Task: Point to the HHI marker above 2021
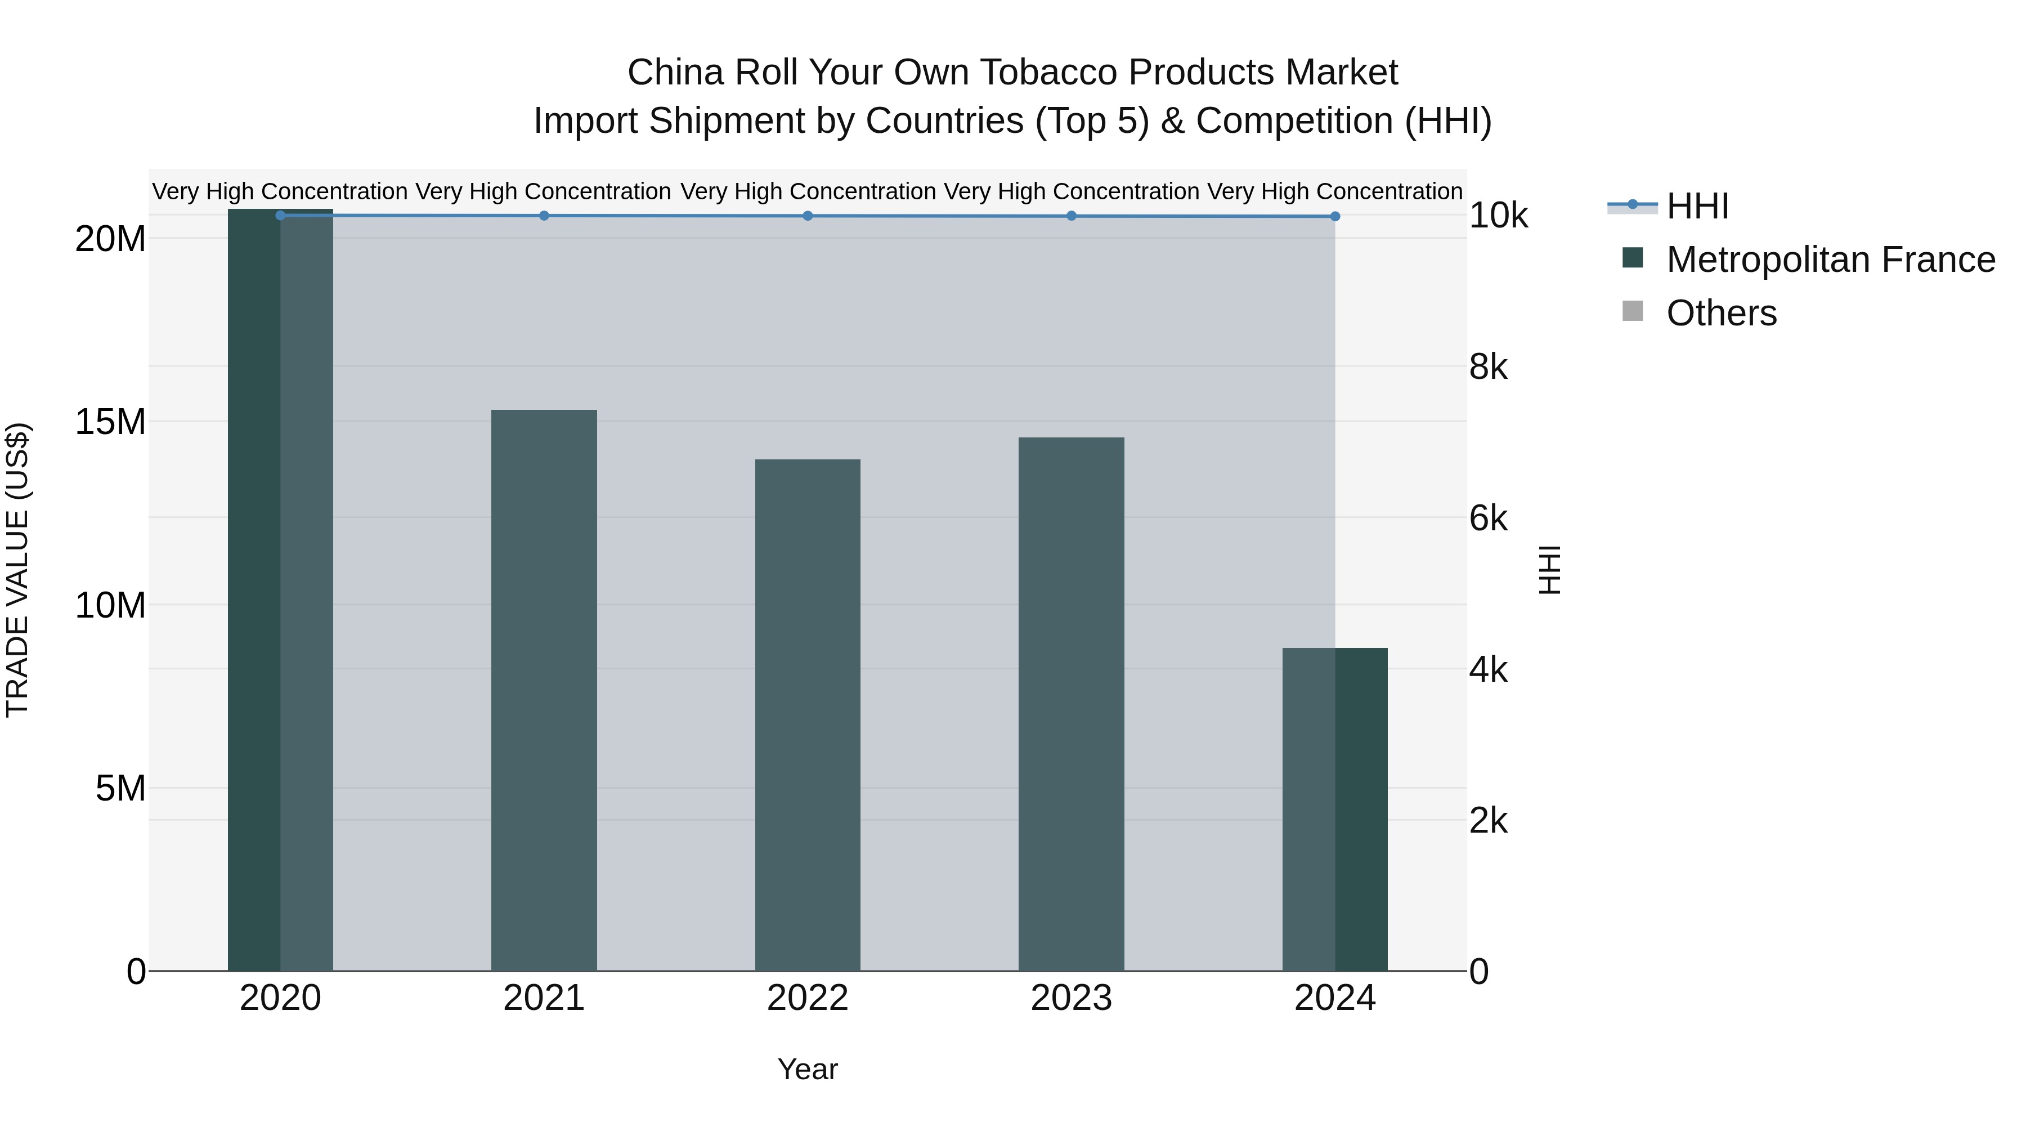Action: pos(544,216)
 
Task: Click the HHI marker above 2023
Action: pos(1070,216)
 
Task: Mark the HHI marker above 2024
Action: pos(1335,216)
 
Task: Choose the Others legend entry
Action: pos(1721,313)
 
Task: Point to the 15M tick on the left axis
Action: pos(110,422)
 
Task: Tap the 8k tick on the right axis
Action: pos(1488,368)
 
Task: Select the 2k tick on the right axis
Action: pos(1488,821)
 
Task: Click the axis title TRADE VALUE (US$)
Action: pos(17,570)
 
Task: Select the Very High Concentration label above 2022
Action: pos(807,191)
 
